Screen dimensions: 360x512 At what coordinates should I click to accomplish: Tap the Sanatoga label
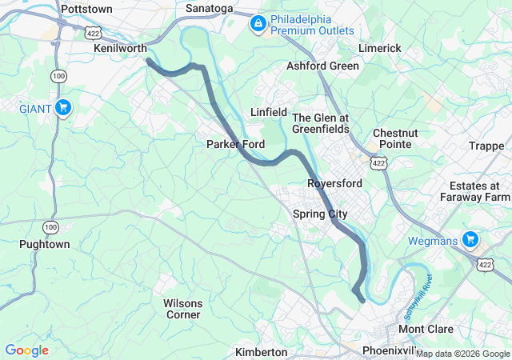click(x=209, y=8)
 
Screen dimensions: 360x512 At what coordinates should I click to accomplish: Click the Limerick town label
click(x=379, y=48)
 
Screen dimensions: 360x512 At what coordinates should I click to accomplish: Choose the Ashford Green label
click(x=322, y=66)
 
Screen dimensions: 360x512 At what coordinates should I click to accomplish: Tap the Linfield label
click(x=268, y=112)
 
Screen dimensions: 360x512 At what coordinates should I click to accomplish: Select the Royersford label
click(x=334, y=183)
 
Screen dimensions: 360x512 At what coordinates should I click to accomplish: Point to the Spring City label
click(x=320, y=214)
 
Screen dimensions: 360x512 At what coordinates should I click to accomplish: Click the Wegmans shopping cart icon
click(x=470, y=239)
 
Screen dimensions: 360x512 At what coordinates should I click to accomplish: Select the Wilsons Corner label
click(x=182, y=309)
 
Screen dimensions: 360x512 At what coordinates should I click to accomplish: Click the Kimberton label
click(x=261, y=352)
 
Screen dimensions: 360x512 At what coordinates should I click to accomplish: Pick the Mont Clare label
click(x=426, y=329)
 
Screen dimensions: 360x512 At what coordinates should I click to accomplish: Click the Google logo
click(x=26, y=350)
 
